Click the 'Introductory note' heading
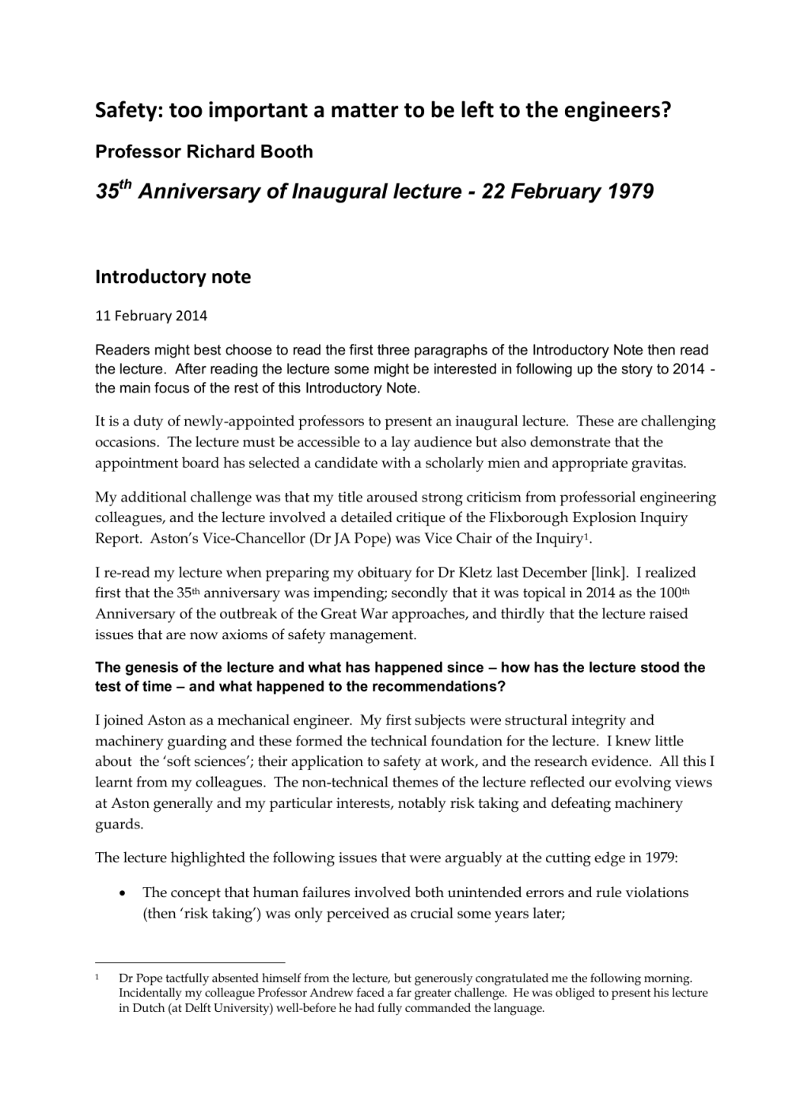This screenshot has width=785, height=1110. click(173, 277)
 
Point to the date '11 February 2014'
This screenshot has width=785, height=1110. click(151, 316)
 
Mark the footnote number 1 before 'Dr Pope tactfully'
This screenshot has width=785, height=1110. click(97, 978)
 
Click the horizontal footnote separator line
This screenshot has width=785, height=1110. click(190, 963)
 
